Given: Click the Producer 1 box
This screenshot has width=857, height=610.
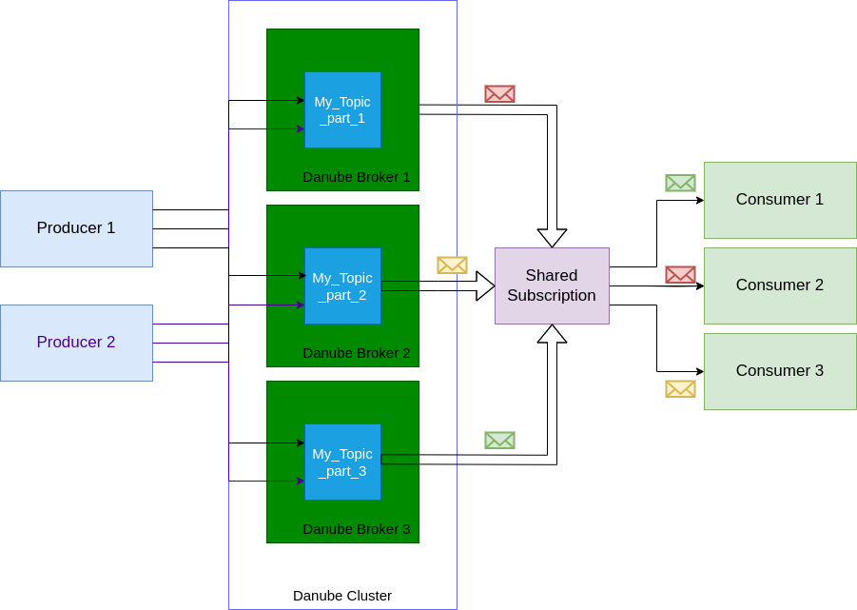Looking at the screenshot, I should pyautogui.click(x=76, y=228).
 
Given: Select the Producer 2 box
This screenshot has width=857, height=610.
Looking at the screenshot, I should pyautogui.click(x=76, y=343).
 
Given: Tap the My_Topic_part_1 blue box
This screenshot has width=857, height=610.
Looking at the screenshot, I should pyautogui.click(x=342, y=109).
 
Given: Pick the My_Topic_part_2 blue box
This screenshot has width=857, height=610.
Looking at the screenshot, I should pyautogui.click(x=342, y=285).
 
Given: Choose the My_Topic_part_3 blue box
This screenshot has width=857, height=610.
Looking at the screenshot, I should pyautogui.click(x=342, y=462).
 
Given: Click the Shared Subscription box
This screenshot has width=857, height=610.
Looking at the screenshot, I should pyautogui.click(x=552, y=285).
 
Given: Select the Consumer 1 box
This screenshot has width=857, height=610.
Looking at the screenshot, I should pyautogui.click(x=780, y=200).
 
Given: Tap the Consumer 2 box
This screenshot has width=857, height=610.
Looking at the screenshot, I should pyautogui.click(x=780, y=285).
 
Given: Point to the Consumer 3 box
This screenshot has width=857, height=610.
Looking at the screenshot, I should pyautogui.click(x=780, y=371).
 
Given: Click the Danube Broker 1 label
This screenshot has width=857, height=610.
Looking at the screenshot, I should pyautogui.click(x=357, y=177).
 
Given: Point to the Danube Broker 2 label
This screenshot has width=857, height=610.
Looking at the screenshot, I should pyautogui.click(x=357, y=353).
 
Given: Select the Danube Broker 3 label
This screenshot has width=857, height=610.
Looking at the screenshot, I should pyautogui.click(x=357, y=529).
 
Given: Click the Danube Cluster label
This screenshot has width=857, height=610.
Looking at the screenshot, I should pyautogui.click(x=342, y=596).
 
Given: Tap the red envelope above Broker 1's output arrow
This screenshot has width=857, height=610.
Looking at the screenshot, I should pyautogui.click(x=499, y=93).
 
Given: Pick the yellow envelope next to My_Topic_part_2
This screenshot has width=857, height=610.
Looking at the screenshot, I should pyautogui.click(x=452, y=265).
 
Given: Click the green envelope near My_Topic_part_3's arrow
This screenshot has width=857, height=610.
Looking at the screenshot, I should pyautogui.click(x=499, y=440).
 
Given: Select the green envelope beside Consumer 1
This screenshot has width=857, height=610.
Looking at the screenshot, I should pyautogui.click(x=680, y=183).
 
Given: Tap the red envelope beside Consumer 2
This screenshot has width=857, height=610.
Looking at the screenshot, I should pyautogui.click(x=680, y=274).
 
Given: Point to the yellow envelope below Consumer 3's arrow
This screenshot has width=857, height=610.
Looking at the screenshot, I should pyautogui.click(x=680, y=388).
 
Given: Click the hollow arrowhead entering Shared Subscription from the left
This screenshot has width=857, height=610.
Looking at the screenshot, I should pyautogui.click(x=485, y=285).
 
